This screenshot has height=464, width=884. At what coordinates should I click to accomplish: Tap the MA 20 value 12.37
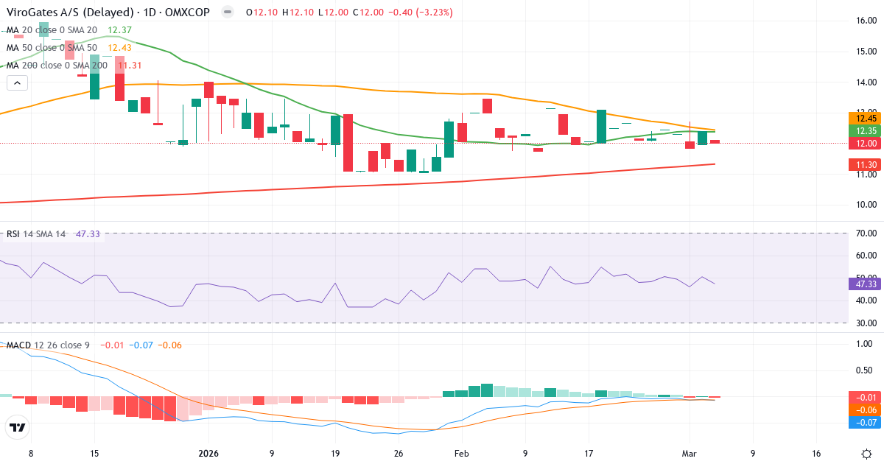[x=119, y=30]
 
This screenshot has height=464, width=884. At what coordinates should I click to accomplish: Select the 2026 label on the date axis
[x=208, y=453]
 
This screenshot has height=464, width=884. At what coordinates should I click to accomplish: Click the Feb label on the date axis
[x=461, y=453]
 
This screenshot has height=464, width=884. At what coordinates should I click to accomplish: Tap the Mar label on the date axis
[x=690, y=453]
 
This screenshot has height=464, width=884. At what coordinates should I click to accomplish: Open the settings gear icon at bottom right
[x=867, y=453]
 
